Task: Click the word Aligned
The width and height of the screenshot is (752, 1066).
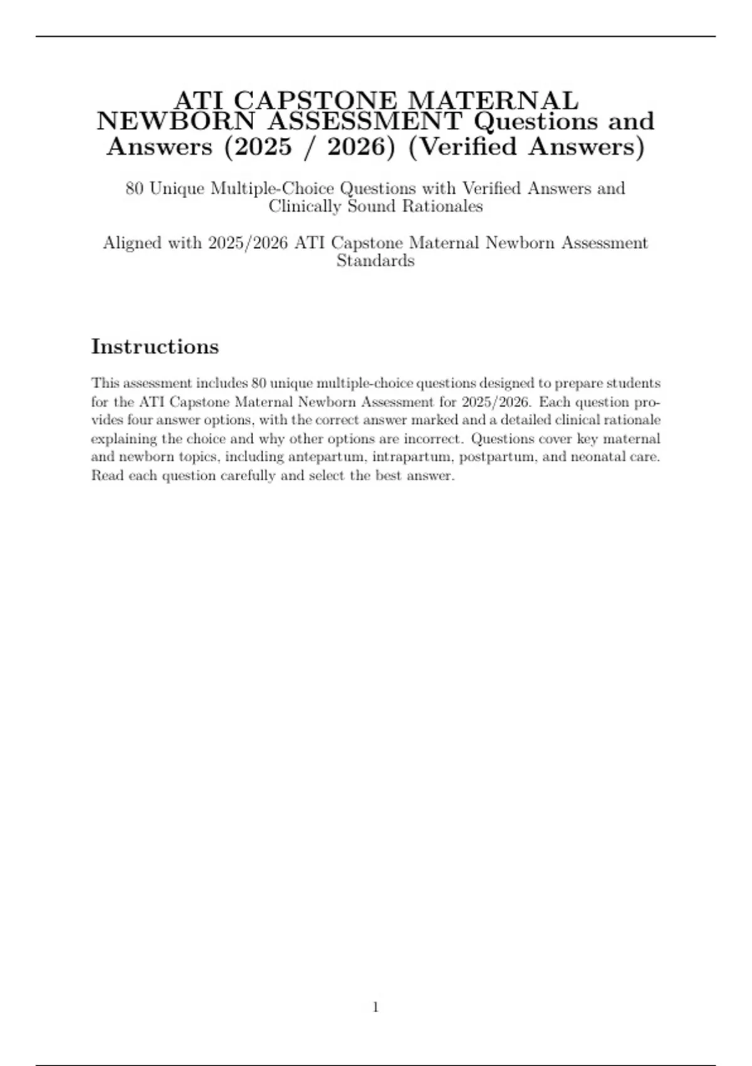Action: point(132,243)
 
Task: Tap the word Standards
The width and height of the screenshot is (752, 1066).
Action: point(375,261)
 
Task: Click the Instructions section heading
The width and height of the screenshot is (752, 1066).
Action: point(155,346)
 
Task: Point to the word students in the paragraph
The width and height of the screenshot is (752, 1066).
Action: point(633,383)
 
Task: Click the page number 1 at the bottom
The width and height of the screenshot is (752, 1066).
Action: point(376,1007)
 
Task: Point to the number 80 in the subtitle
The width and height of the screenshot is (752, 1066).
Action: point(135,188)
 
